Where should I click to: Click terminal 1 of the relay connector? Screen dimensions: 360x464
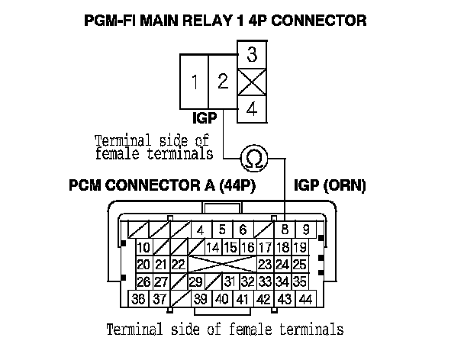click(195, 82)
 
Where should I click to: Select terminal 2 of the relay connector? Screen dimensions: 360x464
click(223, 82)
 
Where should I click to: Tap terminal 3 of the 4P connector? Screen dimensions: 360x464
click(253, 56)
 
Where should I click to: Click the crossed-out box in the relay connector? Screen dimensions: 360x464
click(253, 82)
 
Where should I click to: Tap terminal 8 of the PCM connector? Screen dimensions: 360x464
click(285, 230)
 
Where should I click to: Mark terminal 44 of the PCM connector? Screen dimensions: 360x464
click(305, 299)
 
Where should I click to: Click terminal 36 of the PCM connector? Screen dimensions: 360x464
click(139, 299)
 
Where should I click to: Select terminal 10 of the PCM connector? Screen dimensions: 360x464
click(143, 247)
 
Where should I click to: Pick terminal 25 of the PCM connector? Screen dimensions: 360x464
click(300, 265)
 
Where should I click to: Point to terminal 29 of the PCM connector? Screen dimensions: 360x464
click(195, 281)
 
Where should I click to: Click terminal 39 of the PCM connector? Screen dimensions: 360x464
click(201, 299)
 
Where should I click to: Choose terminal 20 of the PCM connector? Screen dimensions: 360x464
click(143, 265)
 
